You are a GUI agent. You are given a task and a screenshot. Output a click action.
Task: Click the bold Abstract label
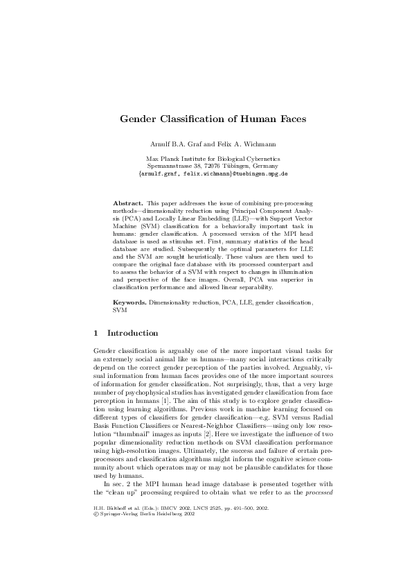127,202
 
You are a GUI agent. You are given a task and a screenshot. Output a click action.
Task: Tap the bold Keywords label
129,303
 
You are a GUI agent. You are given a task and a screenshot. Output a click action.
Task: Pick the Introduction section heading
132,333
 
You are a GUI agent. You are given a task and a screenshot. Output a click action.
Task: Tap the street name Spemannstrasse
170,166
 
